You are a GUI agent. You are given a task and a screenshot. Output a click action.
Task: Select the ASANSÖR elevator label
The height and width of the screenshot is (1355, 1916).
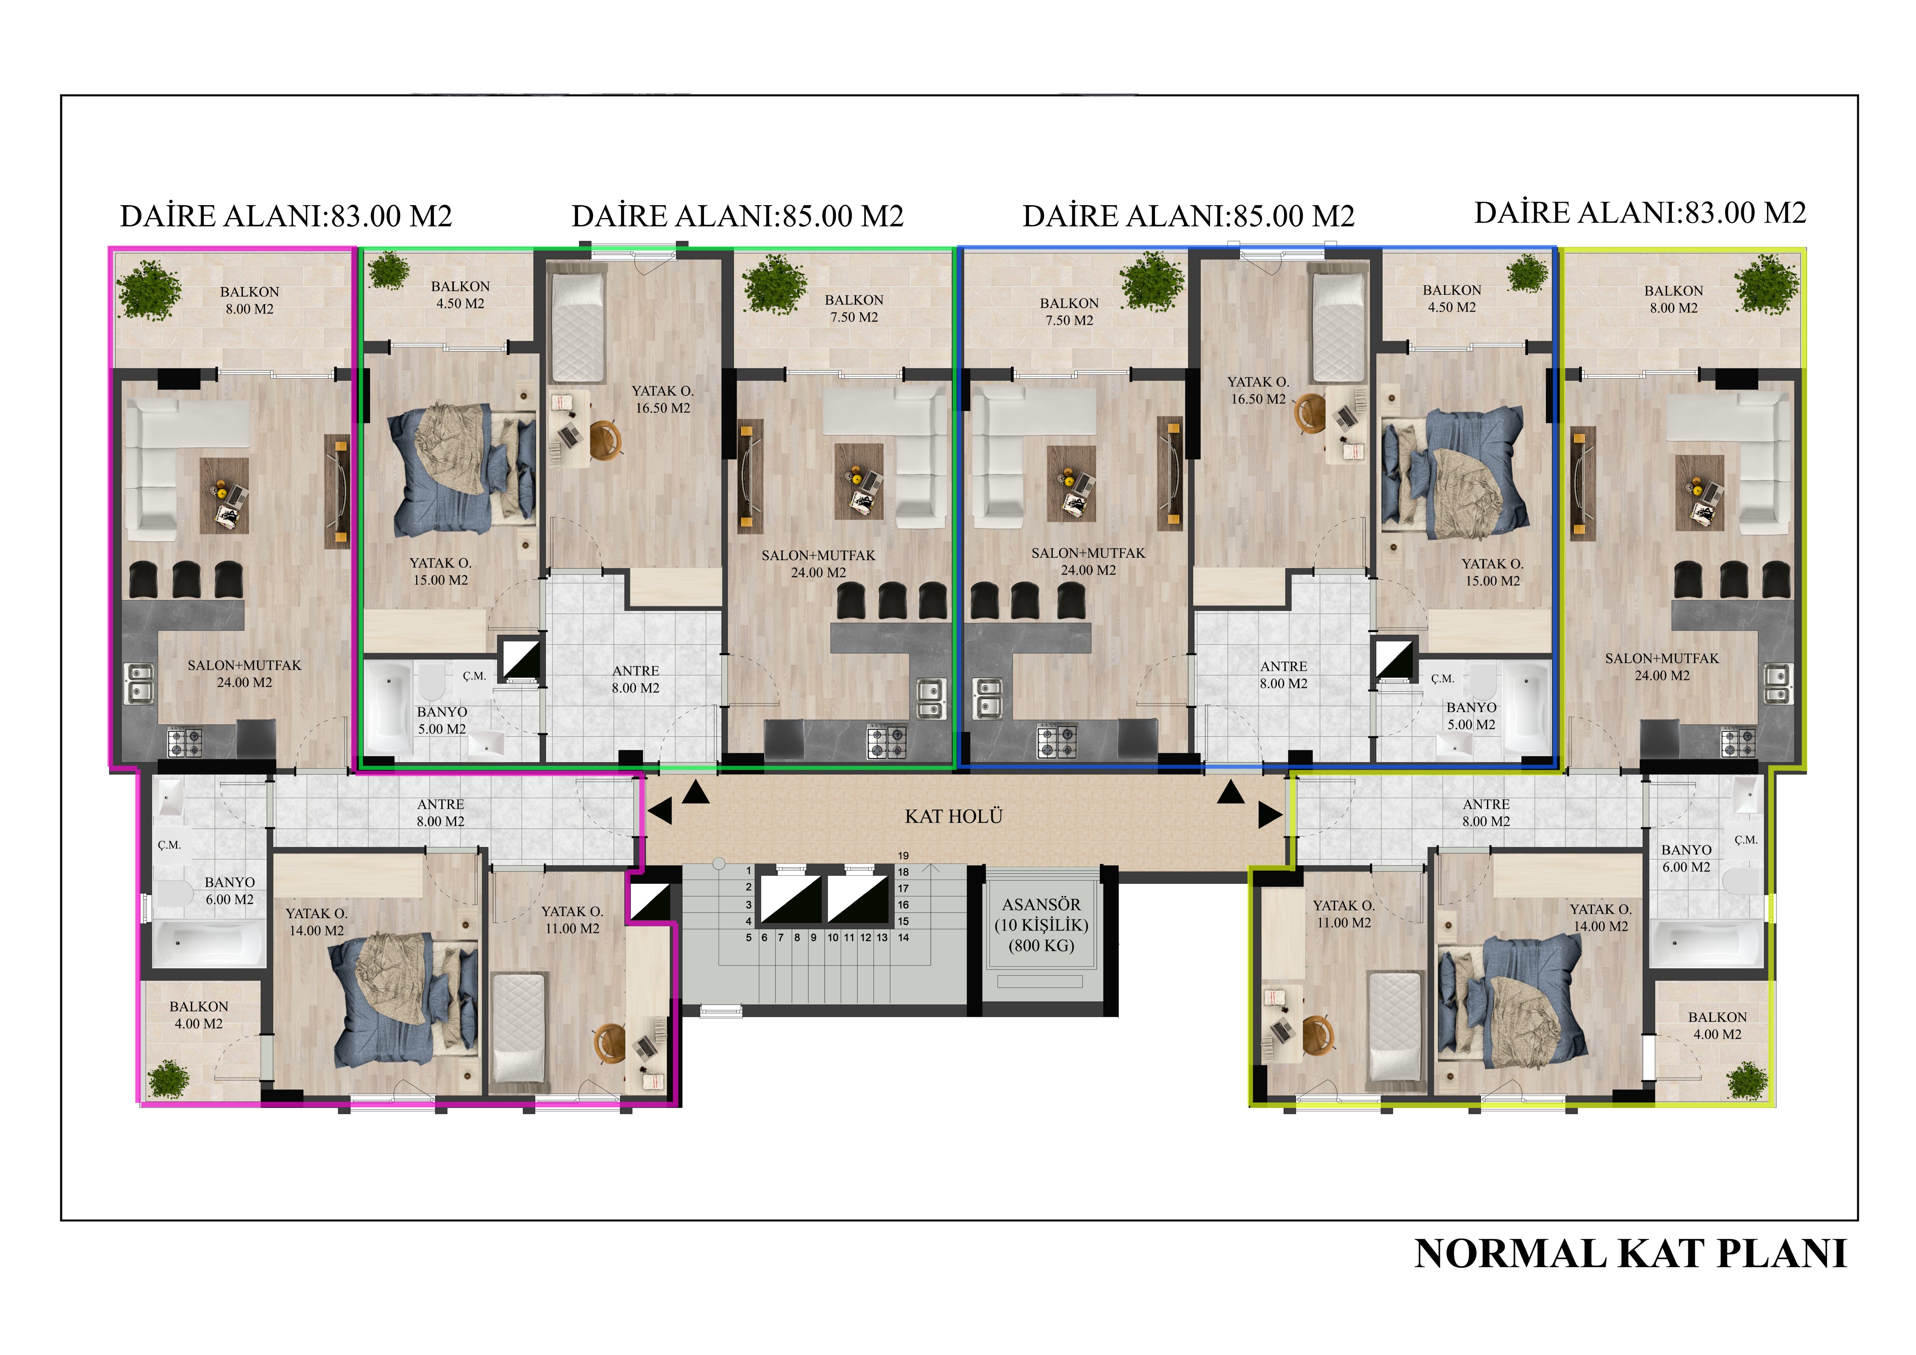[x=1041, y=905]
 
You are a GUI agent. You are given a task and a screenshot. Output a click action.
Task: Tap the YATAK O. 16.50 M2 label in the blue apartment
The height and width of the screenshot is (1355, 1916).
[x=1259, y=391]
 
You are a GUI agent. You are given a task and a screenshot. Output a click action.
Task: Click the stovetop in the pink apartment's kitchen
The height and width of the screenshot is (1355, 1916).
[x=185, y=742]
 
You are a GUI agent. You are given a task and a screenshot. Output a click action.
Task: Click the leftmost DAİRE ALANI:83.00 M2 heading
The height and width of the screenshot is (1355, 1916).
[x=286, y=216]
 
